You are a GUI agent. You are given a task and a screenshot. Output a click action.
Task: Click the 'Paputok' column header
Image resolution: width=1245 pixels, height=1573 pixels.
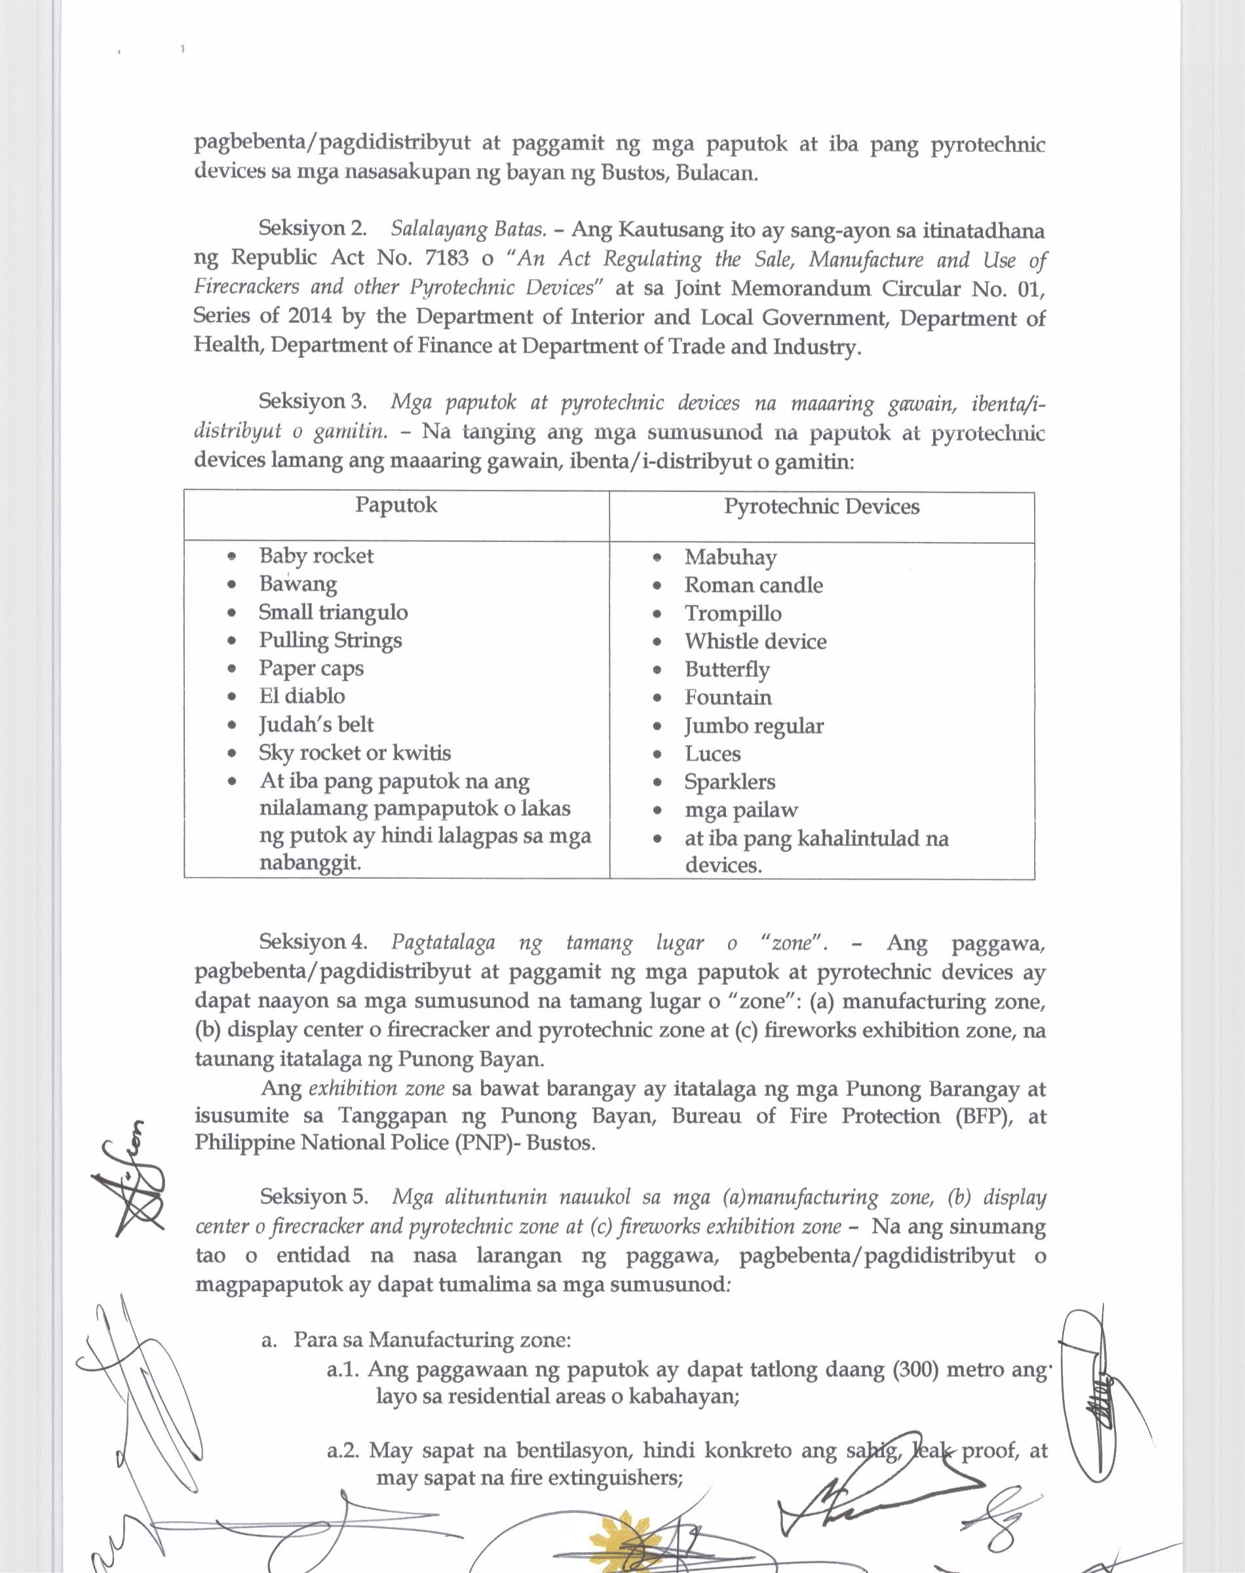click(x=396, y=505)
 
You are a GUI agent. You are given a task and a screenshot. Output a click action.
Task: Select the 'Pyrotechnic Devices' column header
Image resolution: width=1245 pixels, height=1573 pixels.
click(x=822, y=507)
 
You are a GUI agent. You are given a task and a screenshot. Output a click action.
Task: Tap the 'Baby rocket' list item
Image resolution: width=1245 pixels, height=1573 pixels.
click(x=316, y=556)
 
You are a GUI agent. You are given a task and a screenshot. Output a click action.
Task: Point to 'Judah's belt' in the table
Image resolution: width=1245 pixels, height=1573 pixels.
click(x=316, y=724)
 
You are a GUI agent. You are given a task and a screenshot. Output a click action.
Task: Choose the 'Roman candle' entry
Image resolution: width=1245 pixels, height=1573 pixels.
click(x=753, y=585)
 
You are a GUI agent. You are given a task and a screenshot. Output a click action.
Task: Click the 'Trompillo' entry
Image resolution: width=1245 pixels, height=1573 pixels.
click(x=733, y=613)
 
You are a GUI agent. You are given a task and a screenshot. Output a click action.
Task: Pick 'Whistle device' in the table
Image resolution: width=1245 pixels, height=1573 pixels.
click(x=755, y=642)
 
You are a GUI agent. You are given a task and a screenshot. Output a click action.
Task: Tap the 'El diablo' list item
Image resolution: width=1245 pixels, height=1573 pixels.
click(x=302, y=696)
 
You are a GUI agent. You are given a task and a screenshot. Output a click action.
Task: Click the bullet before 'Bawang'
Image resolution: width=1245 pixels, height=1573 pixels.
click(x=232, y=585)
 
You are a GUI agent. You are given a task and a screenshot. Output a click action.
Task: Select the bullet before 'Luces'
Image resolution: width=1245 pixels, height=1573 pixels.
click(x=657, y=754)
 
